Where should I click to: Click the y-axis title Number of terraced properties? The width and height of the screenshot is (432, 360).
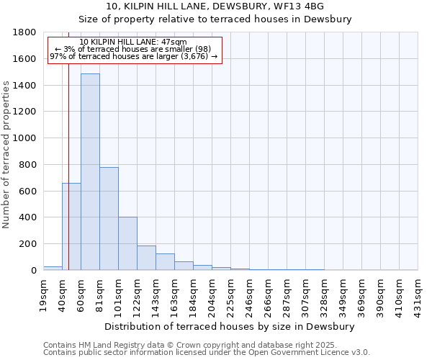pos(7,155)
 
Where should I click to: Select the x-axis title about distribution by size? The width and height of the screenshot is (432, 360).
pos(230,326)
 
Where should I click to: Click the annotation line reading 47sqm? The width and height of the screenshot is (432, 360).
pos(133,42)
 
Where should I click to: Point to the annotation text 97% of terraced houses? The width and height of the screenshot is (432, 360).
pos(133,56)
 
